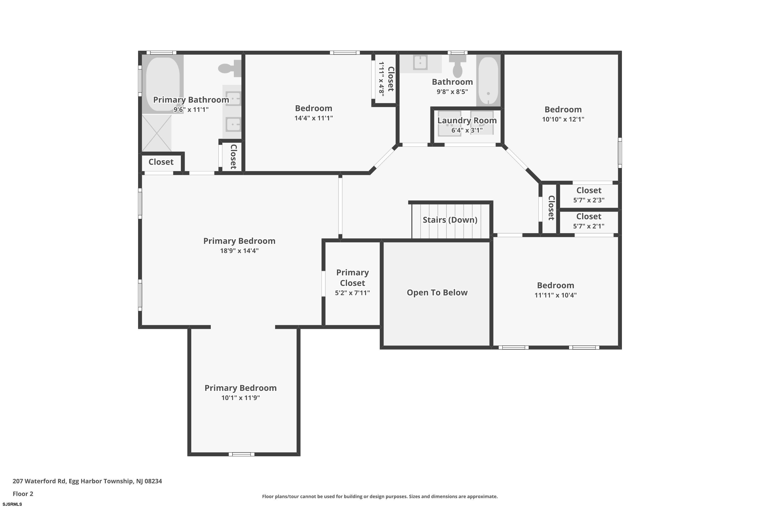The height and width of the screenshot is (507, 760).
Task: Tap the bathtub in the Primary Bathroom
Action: (x=163, y=84)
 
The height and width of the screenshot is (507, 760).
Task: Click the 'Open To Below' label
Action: (x=437, y=292)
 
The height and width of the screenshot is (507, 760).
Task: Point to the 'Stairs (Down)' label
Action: (x=450, y=220)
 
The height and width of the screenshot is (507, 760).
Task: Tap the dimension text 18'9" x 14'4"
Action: (x=239, y=251)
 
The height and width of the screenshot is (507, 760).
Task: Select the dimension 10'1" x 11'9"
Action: (x=240, y=398)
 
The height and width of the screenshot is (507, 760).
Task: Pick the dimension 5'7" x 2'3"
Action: (x=589, y=200)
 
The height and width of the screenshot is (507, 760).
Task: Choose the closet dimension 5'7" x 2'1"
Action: (x=589, y=226)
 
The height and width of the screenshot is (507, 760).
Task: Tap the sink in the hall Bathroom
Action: (x=420, y=62)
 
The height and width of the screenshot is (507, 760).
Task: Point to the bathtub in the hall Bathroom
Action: (x=488, y=81)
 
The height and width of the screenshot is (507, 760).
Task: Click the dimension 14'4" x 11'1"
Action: (x=313, y=118)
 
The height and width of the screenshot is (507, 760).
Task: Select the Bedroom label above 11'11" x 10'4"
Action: (x=556, y=285)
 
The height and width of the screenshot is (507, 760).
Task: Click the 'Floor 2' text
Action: (x=23, y=494)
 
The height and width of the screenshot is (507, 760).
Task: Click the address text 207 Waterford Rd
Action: (x=39, y=481)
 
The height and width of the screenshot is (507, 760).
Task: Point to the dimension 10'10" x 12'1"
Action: (x=563, y=119)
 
